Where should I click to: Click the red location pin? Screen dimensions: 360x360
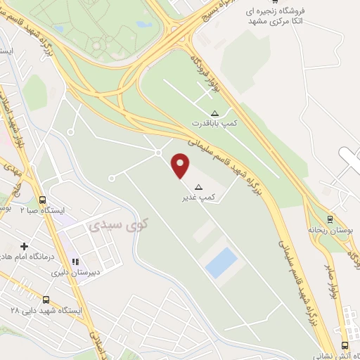181,165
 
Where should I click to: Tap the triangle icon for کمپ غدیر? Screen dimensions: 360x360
198,187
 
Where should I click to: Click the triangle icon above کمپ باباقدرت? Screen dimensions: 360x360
214,113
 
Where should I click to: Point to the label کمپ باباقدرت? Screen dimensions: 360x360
216,124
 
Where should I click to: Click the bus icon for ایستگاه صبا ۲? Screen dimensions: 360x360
43,200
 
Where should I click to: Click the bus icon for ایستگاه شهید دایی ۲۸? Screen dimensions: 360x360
46,300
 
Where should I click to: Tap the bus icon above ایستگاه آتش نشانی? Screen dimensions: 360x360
344,345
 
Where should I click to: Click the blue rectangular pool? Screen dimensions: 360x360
221,262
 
